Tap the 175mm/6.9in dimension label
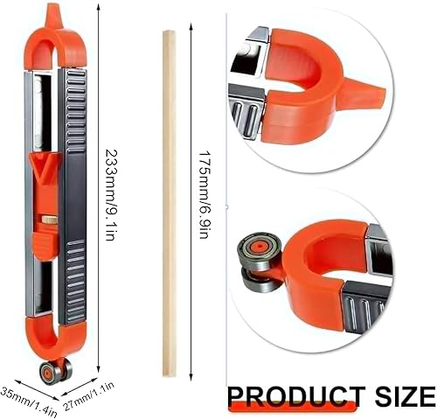tap(204, 195)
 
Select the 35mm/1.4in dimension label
tap(28, 401)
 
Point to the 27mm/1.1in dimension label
tap(89, 396)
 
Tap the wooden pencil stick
tap(170, 203)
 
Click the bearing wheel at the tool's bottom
tap(56, 371)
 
